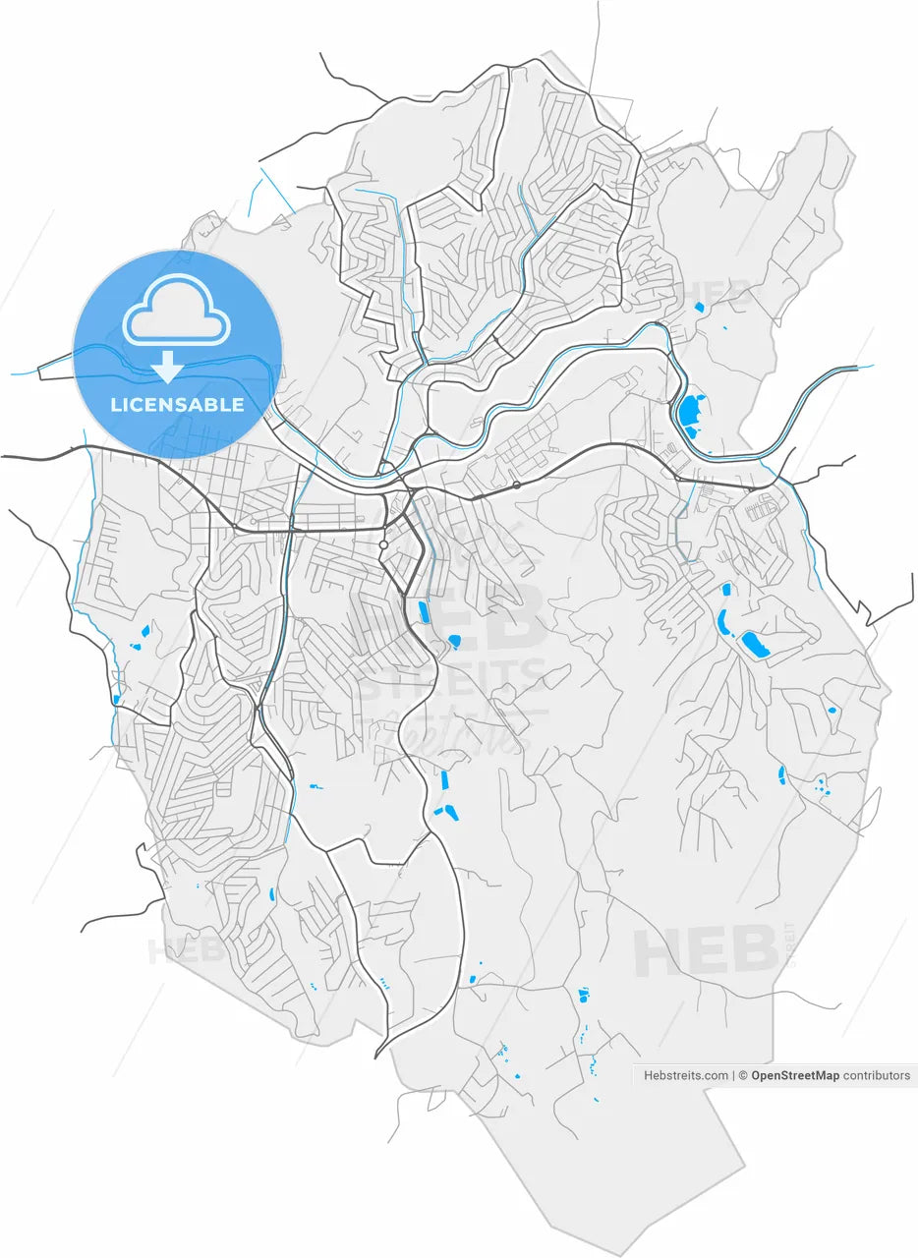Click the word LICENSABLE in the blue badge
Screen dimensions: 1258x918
pyautogui.click(x=177, y=405)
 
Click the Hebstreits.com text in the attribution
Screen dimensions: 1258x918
pyautogui.click(x=686, y=1075)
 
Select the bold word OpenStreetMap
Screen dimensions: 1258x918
pyautogui.click(x=795, y=1075)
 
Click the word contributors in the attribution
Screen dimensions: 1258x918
pyautogui.click(x=877, y=1075)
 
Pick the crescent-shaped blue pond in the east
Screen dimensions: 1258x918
pyautogui.click(x=722, y=621)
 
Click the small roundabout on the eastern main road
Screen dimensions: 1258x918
pyautogui.click(x=517, y=485)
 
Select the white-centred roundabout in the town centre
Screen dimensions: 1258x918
pyautogui.click(x=383, y=543)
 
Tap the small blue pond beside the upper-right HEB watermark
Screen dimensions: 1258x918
pyautogui.click(x=699, y=308)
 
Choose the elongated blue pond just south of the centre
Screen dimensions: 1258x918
pyautogui.click(x=424, y=611)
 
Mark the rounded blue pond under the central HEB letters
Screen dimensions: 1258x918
pyautogui.click(x=454, y=641)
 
